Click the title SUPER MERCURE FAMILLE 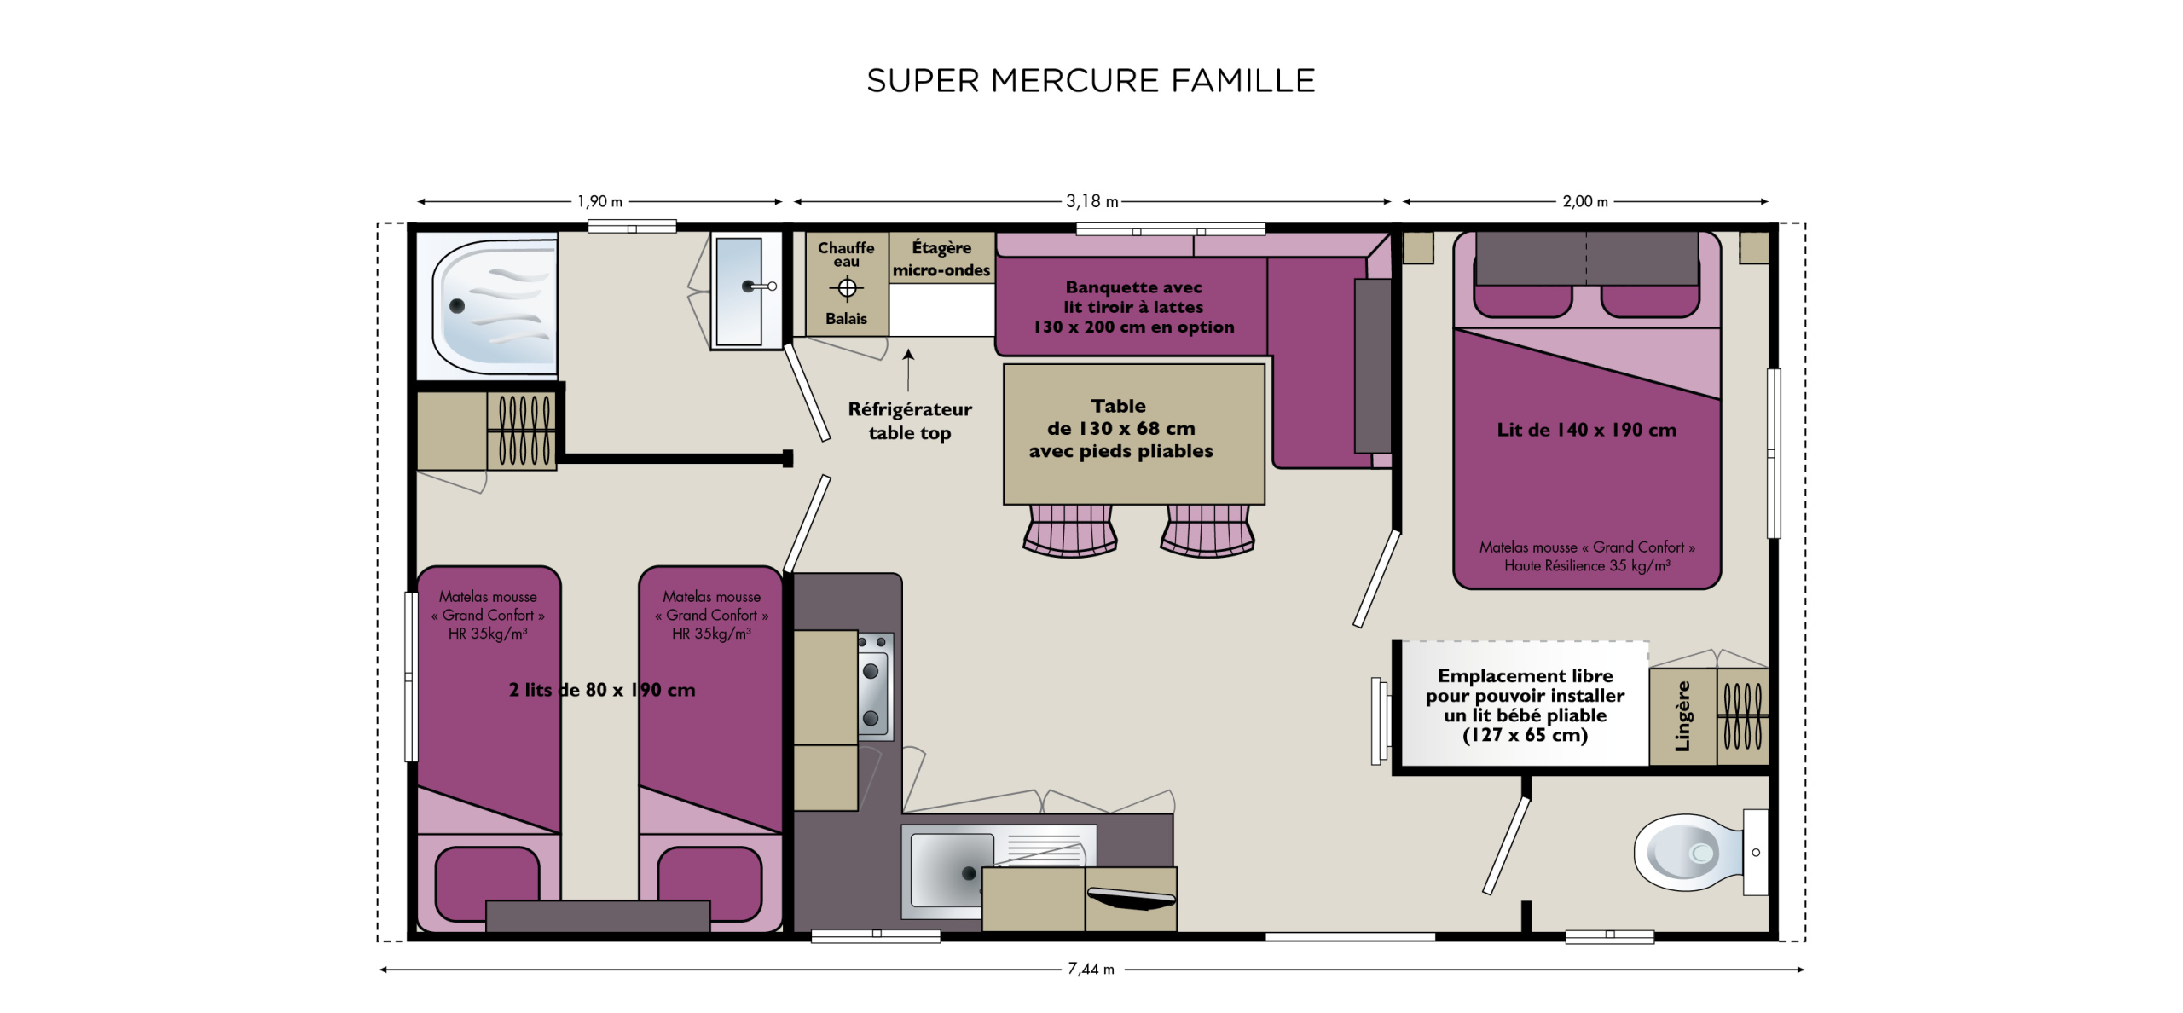coord(1091,81)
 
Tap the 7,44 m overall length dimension coord(1091,969)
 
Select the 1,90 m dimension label coord(599,202)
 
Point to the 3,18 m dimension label coord(1091,202)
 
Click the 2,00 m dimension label coord(1584,202)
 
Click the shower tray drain coord(457,306)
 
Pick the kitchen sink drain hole coord(968,873)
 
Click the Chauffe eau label coord(846,253)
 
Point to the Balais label coord(846,319)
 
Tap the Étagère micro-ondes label coord(941,258)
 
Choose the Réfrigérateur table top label coord(910,421)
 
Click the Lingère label coord(1682,716)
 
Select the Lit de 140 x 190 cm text coord(1586,431)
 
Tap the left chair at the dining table coord(1070,530)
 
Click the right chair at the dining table coord(1207,530)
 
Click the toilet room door coord(1507,845)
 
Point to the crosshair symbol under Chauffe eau coord(847,289)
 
